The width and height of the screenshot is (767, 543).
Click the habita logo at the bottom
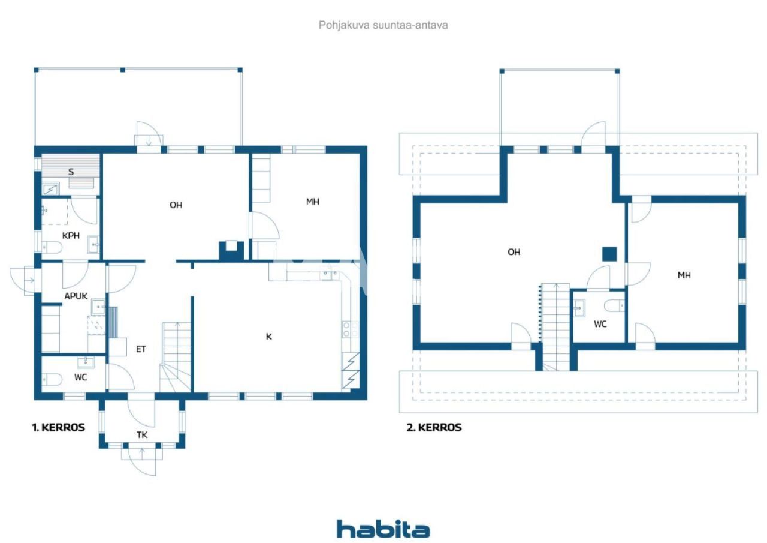(x=383, y=529)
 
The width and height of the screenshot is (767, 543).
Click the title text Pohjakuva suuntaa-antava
(x=383, y=25)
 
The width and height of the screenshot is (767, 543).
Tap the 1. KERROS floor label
(x=58, y=428)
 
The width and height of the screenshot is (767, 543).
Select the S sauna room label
(x=71, y=172)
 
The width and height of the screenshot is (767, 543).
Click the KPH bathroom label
(x=71, y=236)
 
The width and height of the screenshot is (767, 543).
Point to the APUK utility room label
(x=76, y=296)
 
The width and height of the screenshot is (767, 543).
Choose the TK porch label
(x=142, y=435)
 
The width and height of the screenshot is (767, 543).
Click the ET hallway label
(x=141, y=349)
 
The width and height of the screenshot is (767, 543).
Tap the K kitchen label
(x=269, y=337)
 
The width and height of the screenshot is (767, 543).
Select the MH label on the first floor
(x=312, y=202)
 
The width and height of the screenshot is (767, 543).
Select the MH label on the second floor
(x=684, y=275)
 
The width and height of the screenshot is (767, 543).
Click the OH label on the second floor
(x=514, y=252)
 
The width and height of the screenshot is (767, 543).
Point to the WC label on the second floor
(x=600, y=324)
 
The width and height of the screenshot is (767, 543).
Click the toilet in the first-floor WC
(x=52, y=379)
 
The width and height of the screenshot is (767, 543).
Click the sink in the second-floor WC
(x=579, y=308)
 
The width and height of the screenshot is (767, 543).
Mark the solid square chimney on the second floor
(x=609, y=254)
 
